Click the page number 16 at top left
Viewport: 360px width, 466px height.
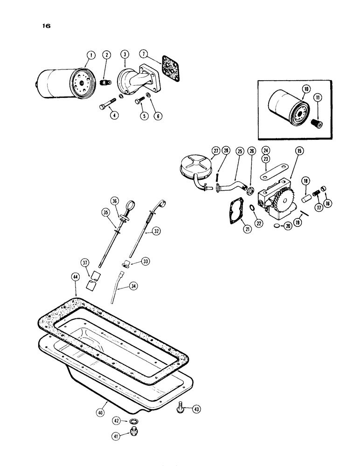pos(46,27)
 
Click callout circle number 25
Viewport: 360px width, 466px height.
pos(239,151)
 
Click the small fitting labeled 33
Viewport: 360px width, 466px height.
pos(125,266)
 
